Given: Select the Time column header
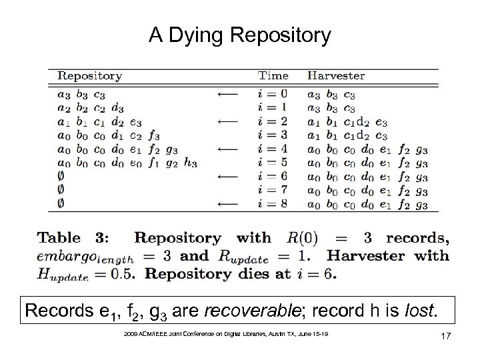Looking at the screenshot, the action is pos(273,77).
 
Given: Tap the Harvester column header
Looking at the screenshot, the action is pos(336,77).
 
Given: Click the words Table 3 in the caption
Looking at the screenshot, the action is pos(80,238).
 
